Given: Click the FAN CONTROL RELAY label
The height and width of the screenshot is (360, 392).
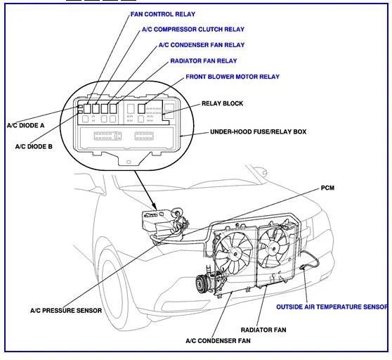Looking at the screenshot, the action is (163, 14).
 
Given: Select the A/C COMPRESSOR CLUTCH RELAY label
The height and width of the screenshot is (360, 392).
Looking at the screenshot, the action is (193, 30).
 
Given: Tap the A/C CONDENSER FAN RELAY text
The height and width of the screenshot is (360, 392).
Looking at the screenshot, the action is (202, 45).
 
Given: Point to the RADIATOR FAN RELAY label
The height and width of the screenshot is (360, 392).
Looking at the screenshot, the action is (204, 60).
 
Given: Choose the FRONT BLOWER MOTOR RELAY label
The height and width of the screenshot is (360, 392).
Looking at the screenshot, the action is (233, 77).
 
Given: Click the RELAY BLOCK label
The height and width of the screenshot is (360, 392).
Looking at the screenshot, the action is (222, 103).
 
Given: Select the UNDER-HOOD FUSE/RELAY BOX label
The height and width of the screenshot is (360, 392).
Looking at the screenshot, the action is (259, 132).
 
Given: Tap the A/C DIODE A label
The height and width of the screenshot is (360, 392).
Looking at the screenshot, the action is (25, 125).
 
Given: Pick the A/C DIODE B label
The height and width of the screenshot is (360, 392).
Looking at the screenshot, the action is (34, 146).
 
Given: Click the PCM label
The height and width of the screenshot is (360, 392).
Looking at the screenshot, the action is (327, 188).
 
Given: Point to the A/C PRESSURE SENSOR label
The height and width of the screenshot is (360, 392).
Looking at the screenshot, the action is (66, 311).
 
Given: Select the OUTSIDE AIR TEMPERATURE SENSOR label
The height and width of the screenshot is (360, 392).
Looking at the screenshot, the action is (332, 307).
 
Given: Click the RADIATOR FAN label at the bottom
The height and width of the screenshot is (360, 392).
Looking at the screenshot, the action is (263, 330).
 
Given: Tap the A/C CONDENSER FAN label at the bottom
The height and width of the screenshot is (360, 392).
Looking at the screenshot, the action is (218, 341).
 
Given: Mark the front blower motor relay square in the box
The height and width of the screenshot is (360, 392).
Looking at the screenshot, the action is (141, 108).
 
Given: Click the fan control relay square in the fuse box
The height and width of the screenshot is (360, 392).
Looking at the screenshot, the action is (87, 108).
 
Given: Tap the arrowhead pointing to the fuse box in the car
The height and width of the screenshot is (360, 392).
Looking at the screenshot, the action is (155, 207).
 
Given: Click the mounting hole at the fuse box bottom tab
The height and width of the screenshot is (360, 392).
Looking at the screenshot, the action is (129, 162).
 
